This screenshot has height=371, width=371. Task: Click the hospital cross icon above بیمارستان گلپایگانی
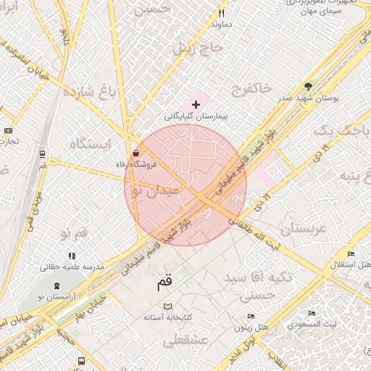[x=196, y=104]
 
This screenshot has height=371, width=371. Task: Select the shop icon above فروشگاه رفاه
[x=136, y=153]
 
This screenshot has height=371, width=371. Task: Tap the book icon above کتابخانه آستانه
[x=169, y=307]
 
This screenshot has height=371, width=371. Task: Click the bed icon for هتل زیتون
[x=251, y=317]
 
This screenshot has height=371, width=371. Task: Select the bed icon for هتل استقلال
[x=351, y=254]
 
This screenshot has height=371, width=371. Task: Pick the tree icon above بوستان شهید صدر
[x=308, y=86]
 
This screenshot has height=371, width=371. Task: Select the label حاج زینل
[x=193, y=49]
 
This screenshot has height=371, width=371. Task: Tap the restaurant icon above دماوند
[x=222, y=13]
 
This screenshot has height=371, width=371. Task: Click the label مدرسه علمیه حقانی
[x=72, y=267]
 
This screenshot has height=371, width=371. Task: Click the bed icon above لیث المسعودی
[x=312, y=314]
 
